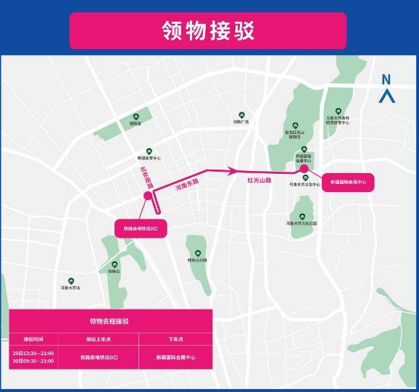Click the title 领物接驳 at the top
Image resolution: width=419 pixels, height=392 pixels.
tap(208, 31)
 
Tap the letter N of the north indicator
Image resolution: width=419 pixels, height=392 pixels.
tap(386, 80)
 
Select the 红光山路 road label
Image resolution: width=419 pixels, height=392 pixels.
tap(259, 179)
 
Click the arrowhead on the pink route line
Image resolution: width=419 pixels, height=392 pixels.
tap(232, 171)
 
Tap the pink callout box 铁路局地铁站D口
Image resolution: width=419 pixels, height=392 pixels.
tap(141, 228)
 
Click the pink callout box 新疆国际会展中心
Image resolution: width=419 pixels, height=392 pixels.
tap(347, 183)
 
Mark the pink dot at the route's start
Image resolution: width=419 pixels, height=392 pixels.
tap(148, 196)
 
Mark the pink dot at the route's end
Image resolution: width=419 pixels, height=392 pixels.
tap(304, 170)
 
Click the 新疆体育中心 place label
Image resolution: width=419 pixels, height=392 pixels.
tap(148, 157)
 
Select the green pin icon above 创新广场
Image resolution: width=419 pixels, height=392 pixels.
tap(241, 114)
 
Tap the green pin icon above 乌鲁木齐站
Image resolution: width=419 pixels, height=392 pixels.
tap(71, 281)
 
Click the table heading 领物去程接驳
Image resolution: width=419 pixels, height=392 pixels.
tap(109, 321)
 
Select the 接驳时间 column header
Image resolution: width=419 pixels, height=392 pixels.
tap(33, 338)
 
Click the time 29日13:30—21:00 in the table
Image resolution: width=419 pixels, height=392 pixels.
tap(33, 351)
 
